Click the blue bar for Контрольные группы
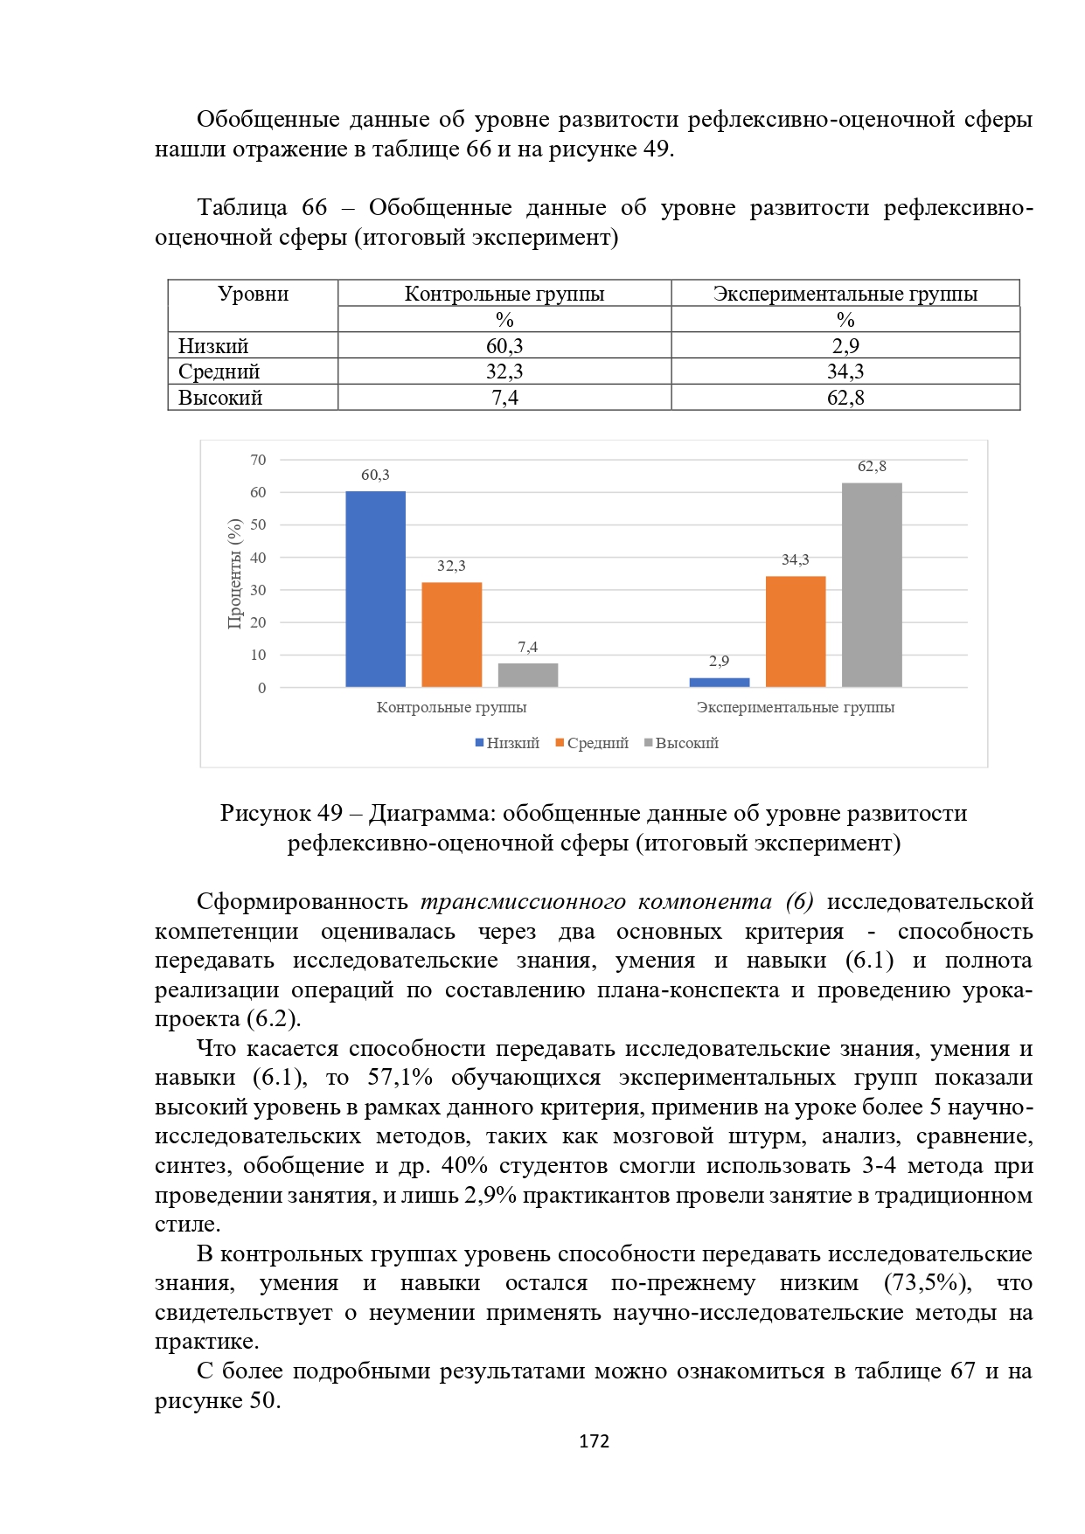375,589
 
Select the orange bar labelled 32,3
451,635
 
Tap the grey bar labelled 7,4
528,675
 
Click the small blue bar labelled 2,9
719,682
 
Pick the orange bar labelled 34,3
795,631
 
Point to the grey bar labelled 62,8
872,585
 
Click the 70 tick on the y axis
258,460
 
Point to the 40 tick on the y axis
258,558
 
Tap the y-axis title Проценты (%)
234,573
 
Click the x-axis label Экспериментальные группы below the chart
795,707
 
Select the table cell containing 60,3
504,345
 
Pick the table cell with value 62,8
845,398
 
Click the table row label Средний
219,371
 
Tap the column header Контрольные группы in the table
504,294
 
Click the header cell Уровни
253,294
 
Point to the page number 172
594,1441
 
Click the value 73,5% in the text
928,1283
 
